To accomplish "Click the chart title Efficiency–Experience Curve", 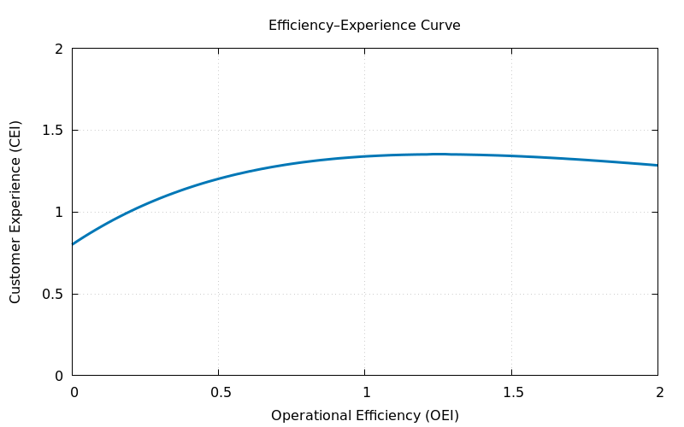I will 364,26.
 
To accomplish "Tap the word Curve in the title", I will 441,26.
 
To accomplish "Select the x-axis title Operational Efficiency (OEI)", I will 364,416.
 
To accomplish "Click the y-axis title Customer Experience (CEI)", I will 15,212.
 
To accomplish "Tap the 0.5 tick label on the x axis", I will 219,393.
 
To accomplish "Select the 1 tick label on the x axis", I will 365,393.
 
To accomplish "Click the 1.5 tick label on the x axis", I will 511,393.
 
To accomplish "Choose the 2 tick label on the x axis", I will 658,393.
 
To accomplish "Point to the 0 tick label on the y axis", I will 59,376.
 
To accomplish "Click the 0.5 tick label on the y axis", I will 52,294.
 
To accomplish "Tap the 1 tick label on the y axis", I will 59,212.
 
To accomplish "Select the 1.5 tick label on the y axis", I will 52,131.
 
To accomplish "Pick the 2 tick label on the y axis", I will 59,49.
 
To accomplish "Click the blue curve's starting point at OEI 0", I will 73,244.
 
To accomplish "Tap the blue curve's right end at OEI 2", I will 657,165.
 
